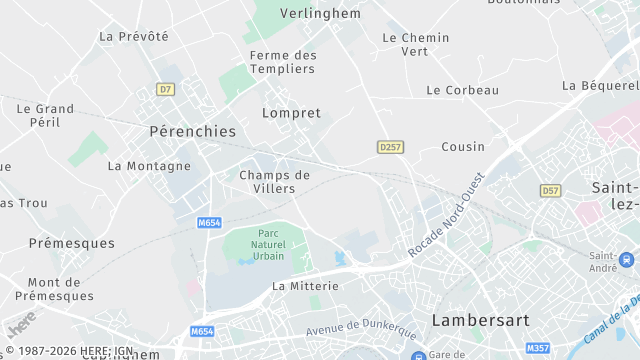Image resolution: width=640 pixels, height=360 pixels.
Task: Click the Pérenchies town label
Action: point(192,131)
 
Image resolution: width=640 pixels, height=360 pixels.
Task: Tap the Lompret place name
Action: point(291,113)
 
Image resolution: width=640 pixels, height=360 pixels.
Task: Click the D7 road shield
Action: point(165,89)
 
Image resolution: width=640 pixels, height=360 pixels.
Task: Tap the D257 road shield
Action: point(390,147)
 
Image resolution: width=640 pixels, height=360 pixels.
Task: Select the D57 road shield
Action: point(550,190)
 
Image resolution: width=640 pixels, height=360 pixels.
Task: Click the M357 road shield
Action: point(538,348)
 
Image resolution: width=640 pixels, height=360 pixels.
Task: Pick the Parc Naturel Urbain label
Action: point(267,244)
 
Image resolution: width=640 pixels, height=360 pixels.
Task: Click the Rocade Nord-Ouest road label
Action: point(446,212)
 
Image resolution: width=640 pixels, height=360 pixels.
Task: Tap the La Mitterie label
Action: point(305,286)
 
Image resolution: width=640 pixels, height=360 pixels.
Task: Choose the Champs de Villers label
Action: point(274,181)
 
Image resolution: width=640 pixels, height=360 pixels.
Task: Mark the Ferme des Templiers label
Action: point(283,62)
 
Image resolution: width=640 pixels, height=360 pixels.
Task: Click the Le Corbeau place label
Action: point(462,90)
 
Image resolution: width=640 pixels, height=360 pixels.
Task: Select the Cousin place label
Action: point(463,147)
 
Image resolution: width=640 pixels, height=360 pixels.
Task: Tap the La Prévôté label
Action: point(134,36)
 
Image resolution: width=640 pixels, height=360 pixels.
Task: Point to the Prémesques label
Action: point(71,243)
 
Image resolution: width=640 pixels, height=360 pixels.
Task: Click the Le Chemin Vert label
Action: point(415,44)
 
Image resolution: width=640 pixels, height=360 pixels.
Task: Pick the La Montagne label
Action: point(149,166)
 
